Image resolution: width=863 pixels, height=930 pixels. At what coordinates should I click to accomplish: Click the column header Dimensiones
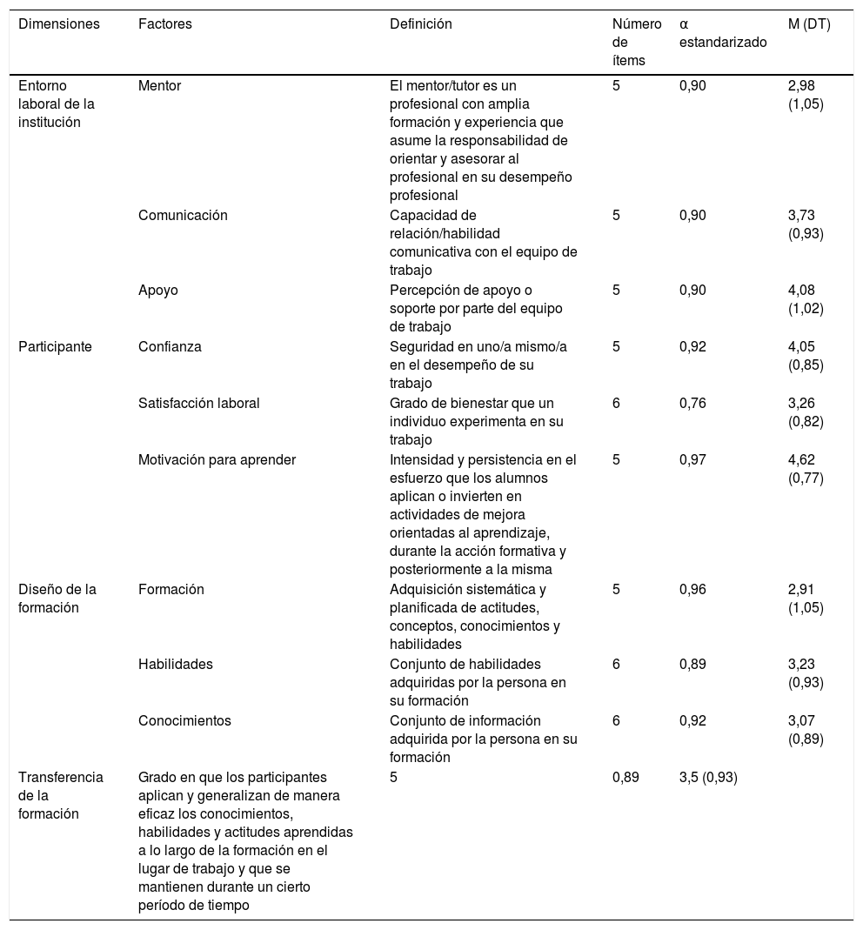coord(59,24)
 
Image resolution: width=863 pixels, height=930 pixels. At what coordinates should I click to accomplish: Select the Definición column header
coord(421,24)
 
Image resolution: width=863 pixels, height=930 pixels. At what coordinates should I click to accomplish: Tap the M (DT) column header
coord(809,24)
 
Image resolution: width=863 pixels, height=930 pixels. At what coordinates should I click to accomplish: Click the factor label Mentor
coord(160,86)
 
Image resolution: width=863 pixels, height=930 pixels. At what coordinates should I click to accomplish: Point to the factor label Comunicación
coord(183,216)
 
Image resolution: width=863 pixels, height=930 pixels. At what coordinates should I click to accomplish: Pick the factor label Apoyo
coord(158,291)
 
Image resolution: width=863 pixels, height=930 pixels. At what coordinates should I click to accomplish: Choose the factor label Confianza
coord(170,347)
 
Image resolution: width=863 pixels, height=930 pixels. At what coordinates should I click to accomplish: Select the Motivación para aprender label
coord(217,460)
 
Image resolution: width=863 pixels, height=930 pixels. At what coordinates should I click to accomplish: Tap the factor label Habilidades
coord(176,665)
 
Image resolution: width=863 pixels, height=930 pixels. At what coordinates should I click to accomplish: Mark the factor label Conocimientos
coord(184,720)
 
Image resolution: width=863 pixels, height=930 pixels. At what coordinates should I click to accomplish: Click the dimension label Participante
coord(56,347)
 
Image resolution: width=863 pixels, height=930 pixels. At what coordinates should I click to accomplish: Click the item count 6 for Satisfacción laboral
coord(616,404)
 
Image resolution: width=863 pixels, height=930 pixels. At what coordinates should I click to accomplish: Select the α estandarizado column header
coord(723,33)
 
